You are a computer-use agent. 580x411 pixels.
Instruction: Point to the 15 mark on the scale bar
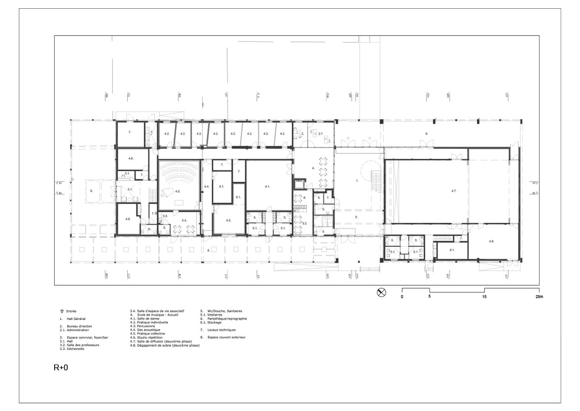(485, 296)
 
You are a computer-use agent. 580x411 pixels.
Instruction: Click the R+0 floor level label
(61, 367)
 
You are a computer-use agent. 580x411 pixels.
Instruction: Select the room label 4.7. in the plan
(454, 192)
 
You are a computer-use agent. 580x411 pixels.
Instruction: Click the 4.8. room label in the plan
(491, 241)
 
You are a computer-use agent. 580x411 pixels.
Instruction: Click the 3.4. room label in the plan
(184, 220)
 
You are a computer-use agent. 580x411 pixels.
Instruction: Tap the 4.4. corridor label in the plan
(206, 186)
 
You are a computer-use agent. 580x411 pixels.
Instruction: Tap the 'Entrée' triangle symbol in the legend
(61, 311)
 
